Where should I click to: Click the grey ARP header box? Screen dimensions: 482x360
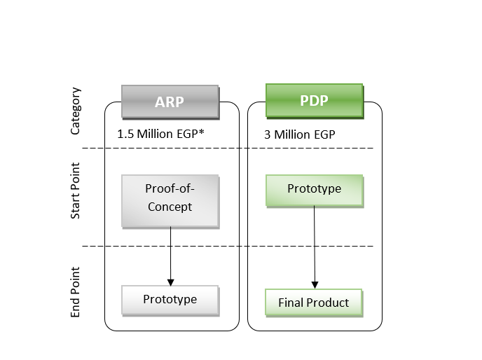pos(170,102)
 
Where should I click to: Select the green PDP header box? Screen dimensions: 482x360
pos(314,100)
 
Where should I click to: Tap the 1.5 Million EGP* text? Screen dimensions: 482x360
pos(160,134)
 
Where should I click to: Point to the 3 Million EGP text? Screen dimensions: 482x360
pos(300,134)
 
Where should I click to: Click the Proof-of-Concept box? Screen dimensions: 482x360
pos(170,201)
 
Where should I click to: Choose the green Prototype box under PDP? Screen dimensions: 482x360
pos(314,191)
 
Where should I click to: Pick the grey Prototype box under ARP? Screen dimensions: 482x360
pos(170,300)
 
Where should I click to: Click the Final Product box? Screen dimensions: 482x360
pos(314,303)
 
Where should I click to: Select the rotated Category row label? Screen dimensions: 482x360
pos(76,111)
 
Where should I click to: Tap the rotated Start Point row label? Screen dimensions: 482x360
pos(76,191)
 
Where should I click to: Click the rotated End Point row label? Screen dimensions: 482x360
pos(76,292)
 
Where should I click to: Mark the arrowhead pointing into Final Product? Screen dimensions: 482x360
pos(315,285)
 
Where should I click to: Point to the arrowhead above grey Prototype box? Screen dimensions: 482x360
pos(171,282)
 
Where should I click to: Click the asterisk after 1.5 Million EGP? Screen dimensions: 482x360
pos(201,132)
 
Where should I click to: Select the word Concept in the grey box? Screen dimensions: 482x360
pos(170,207)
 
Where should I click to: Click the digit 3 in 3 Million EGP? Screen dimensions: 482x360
pos(267,134)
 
